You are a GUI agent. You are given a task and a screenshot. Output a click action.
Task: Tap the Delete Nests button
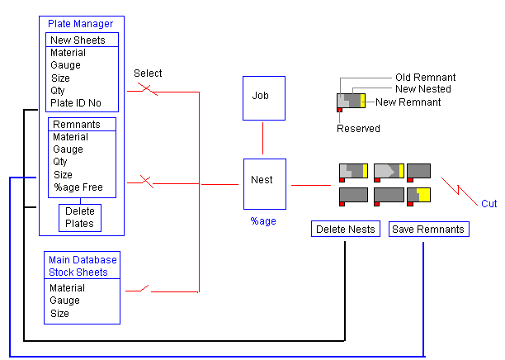[345, 229]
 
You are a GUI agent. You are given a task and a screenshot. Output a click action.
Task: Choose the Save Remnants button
[428, 229]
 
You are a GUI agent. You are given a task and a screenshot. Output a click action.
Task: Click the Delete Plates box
[80, 217]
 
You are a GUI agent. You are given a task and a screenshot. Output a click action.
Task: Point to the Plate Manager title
[81, 24]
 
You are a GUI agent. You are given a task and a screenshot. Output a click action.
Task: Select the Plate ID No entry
[77, 103]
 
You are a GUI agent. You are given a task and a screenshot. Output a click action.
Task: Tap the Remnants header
[76, 125]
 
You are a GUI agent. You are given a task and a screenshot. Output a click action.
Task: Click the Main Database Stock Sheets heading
[83, 265]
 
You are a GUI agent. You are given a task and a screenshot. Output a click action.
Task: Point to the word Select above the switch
[148, 73]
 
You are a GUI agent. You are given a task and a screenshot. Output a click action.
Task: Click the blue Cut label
[489, 203]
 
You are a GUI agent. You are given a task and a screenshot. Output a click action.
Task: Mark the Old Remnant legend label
[425, 78]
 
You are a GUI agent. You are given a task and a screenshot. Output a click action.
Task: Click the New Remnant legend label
[408, 102]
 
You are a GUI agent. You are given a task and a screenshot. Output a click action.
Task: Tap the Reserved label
[358, 129]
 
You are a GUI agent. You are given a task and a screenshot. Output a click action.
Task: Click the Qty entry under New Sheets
[59, 91]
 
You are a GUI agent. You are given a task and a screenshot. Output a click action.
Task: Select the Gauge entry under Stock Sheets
[67, 301]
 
